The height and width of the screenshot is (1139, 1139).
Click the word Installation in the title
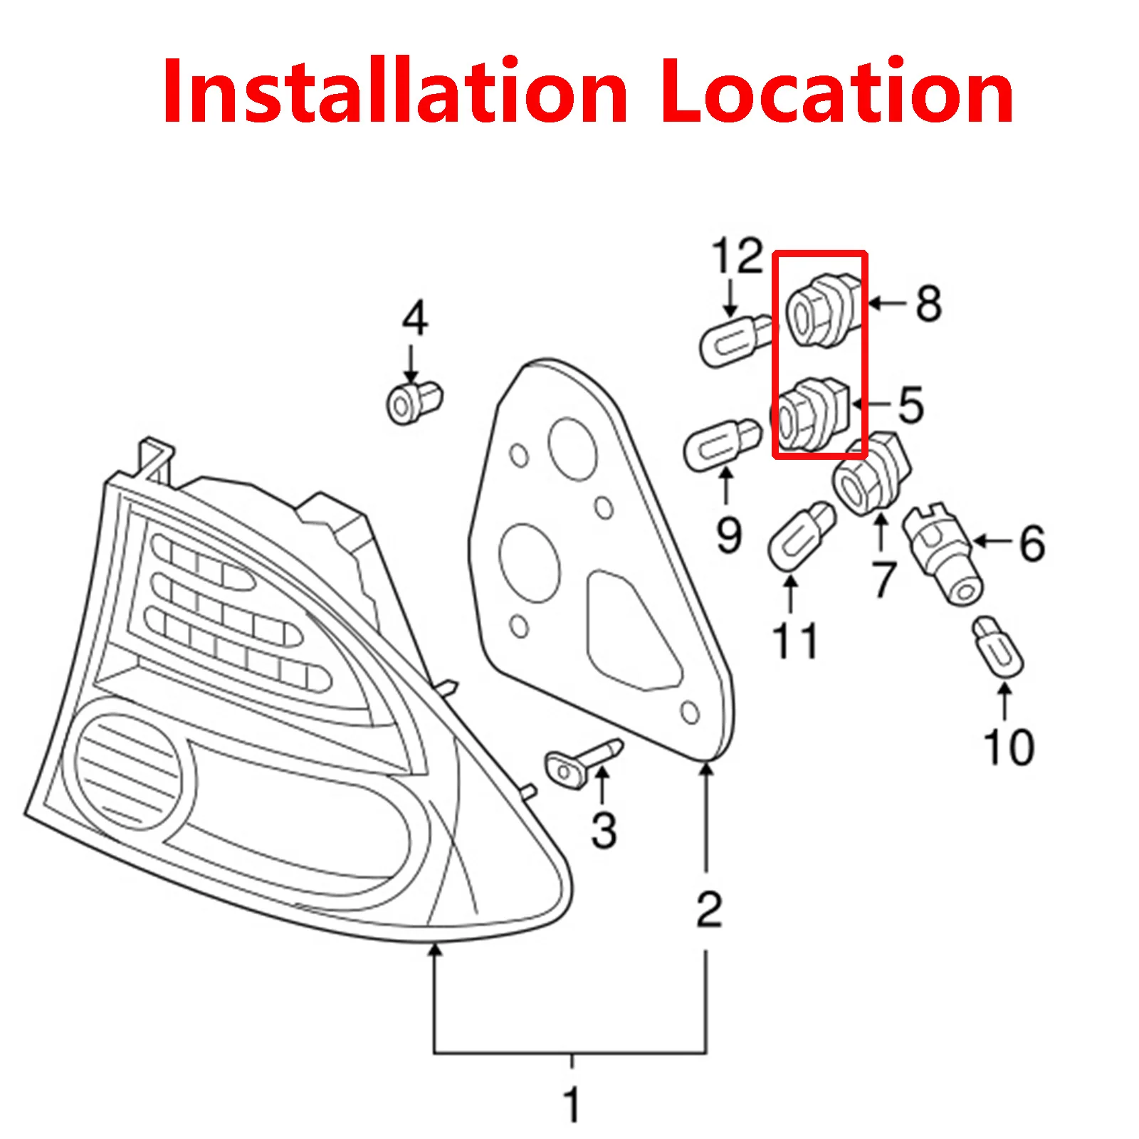tap(395, 93)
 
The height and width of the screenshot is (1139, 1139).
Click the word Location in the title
tap(836, 93)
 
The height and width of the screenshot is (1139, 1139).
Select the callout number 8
tap(928, 304)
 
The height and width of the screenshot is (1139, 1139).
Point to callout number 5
tap(910, 405)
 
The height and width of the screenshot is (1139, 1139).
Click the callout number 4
tap(414, 318)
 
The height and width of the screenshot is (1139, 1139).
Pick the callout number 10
tap(1008, 747)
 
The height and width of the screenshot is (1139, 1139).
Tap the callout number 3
tap(604, 830)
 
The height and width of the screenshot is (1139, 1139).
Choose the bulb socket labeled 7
tap(870, 475)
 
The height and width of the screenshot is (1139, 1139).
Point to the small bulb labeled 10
tap(998, 646)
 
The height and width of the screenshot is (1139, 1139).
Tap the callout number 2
tap(708, 909)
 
